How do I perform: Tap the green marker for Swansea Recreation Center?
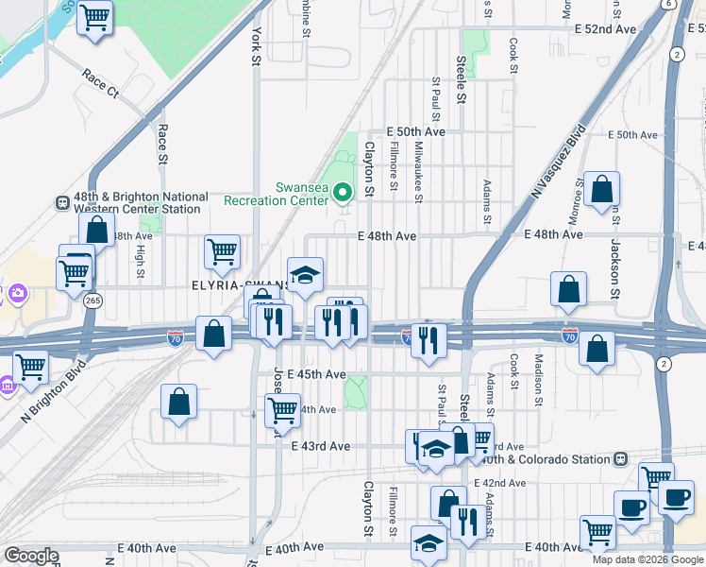click(x=344, y=193)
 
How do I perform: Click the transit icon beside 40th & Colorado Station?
click(x=620, y=459)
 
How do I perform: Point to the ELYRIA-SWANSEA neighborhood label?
click(x=242, y=283)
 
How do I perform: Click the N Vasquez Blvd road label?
click(x=560, y=162)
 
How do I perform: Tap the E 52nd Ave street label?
click(x=606, y=29)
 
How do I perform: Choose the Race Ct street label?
click(x=100, y=83)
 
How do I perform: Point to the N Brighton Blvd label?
click(x=53, y=389)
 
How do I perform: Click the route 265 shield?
click(x=92, y=300)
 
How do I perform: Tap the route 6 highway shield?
click(x=668, y=5)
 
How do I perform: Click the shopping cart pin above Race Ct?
click(x=94, y=16)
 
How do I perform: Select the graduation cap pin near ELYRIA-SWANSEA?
click(x=305, y=274)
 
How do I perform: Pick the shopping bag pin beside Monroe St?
click(x=601, y=189)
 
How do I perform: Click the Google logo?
click(x=31, y=556)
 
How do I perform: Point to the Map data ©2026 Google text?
click(x=647, y=559)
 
